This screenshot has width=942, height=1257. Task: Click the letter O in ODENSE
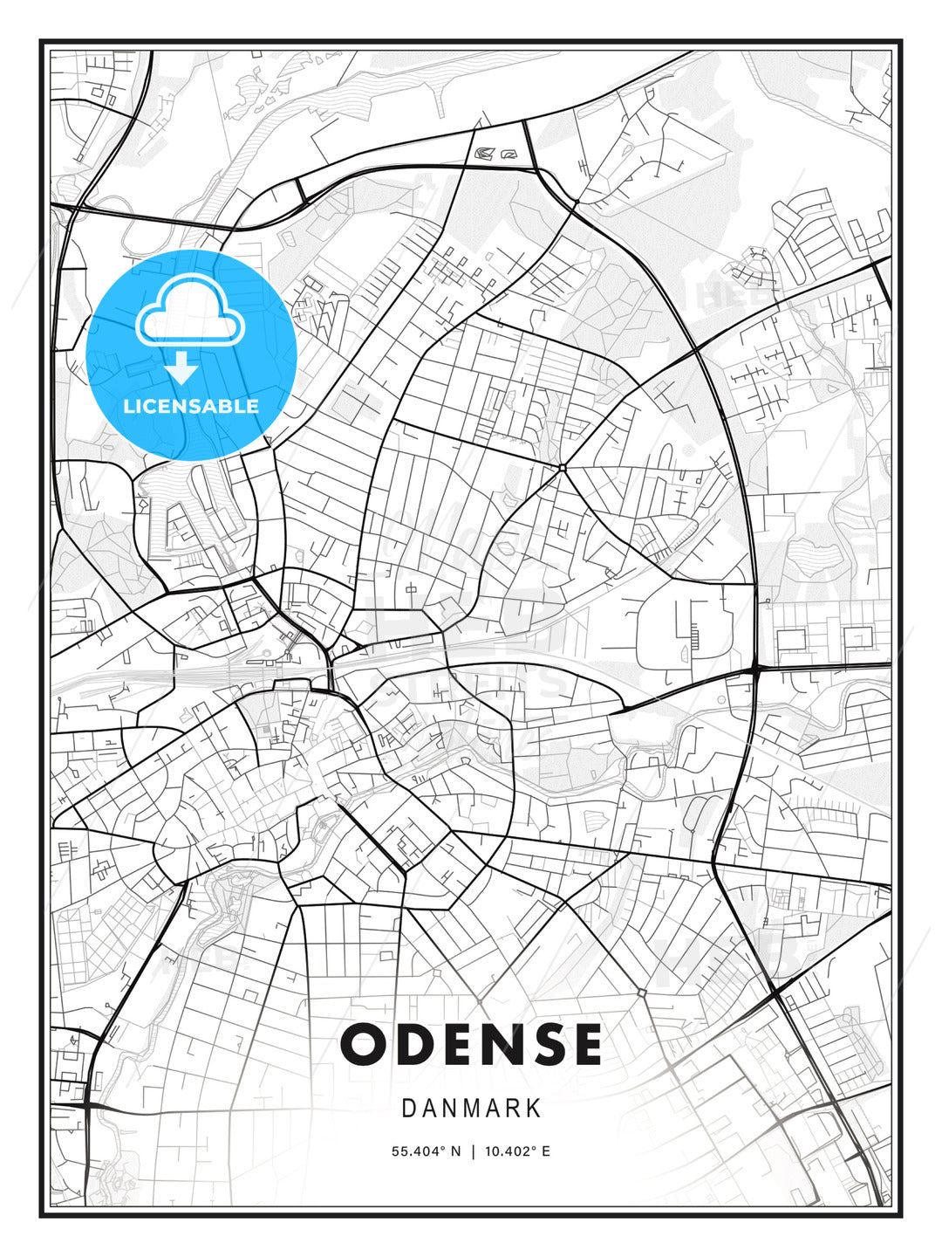pyautogui.click(x=365, y=1044)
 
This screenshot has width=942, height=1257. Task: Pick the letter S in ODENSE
pyautogui.click(x=549, y=1044)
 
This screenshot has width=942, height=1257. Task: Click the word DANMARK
pyautogui.click(x=471, y=1109)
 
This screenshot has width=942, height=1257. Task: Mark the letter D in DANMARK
pyautogui.click(x=408, y=1109)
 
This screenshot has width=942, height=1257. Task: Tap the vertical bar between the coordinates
pyautogui.click(x=472, y=1151)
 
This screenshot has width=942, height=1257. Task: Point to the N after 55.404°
pyautogui.click(x=455, y=1151)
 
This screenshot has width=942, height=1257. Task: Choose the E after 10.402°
pyautogui.click(x=546, y=1151)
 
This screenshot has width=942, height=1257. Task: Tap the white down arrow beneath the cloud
pyautogui.click(x=182, y=368)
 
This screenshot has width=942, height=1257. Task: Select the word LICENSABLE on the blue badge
pyautogui.click(x=191, y=406)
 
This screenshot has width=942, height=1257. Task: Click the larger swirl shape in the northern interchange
pyautogui.click(x=484, y=155)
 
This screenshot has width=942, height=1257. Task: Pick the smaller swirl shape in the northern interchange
pyautogui.click(x=508, y=154)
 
